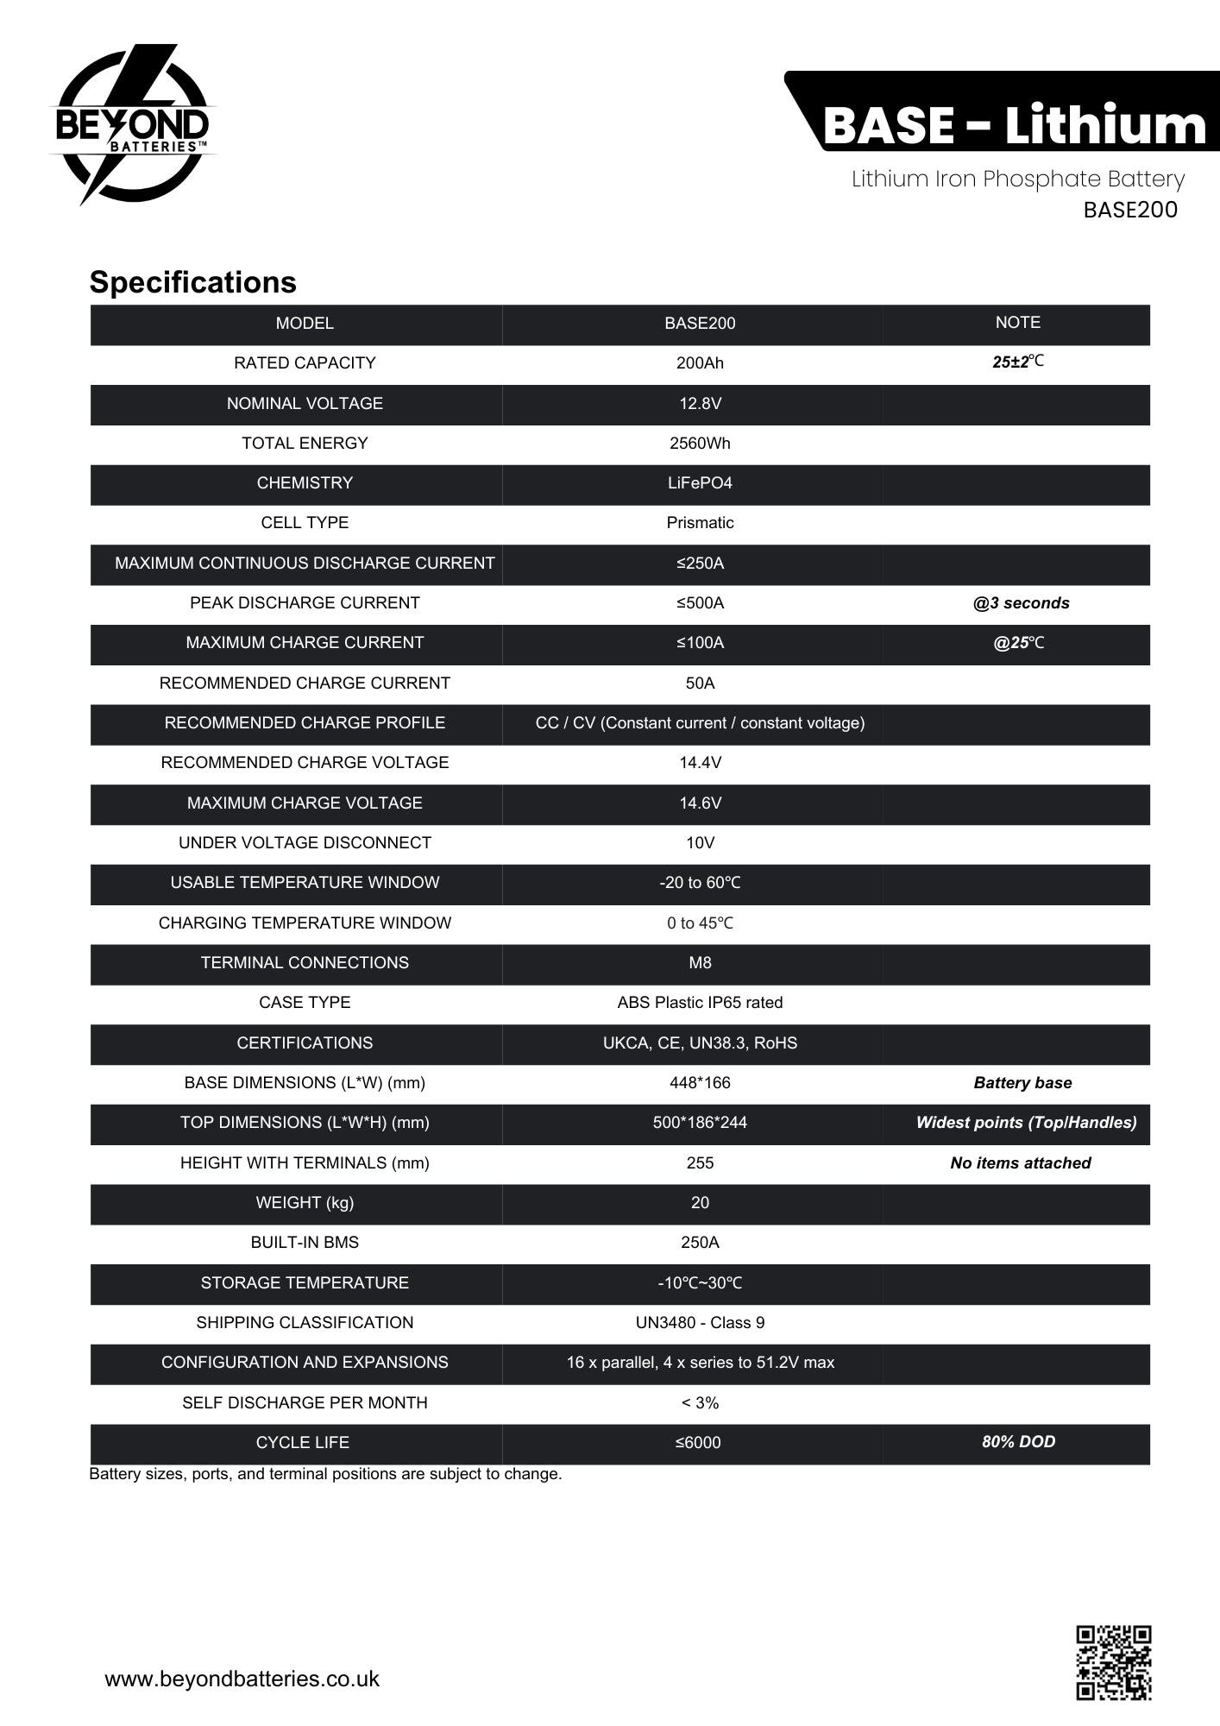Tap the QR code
pos(1113,1662)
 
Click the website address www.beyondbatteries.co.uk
pos(242,1679)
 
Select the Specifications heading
pos(192,282)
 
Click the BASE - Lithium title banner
pos(1014,125)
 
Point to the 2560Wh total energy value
pos(700,443)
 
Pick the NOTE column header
pos(1017,323)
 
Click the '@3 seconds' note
pos(1021,603)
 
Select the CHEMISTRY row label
pos(305,483)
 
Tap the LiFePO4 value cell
pos(700,483)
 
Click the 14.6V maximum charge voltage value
pos(700,803)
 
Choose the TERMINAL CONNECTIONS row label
pos(305,962)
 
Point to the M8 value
pos(700,962)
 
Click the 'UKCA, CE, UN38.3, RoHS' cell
pos(700,1043)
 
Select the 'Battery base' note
pos(1022,1083)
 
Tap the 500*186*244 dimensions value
pos(700,1123)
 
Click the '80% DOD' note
pos(1018,1441)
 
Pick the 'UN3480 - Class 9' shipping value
pos(700,1322)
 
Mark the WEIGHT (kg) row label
pos(305,1202)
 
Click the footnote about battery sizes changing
pos(325,1474)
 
